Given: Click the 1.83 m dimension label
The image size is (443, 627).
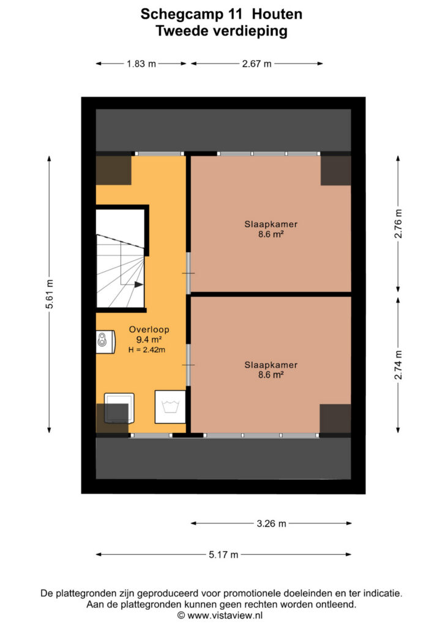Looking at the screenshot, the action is point(141,64).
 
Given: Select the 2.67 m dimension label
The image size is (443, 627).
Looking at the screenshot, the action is point(256,64).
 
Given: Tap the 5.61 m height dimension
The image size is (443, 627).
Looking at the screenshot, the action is point(50,295).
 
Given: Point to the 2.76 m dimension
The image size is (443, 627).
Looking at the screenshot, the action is point(398,223).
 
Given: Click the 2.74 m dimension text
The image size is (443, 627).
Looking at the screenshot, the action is point(398,365).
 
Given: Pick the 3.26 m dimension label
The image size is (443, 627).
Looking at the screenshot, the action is point(271,524).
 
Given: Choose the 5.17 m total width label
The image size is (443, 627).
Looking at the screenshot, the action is point(223,555).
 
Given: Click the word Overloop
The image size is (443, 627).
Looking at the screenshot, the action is point(149,329).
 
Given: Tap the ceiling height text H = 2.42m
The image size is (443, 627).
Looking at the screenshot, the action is point(147,350).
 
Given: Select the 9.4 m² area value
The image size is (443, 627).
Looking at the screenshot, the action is point(149,340).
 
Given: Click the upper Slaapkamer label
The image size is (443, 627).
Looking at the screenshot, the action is point(271,224).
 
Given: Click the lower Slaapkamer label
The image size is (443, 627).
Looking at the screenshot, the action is point(271,365).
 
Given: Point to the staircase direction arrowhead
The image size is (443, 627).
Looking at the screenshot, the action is point(139,284).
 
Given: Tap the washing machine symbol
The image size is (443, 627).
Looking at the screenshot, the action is point(170,407).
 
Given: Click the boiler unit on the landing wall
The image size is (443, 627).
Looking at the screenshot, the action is point(105,342).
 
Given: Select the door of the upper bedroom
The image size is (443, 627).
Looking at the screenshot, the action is point(188,273).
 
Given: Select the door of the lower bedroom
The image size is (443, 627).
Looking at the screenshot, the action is point(188,365).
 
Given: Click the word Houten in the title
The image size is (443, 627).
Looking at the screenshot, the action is point(277,15).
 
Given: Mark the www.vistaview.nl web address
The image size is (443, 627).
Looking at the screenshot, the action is point(225,615).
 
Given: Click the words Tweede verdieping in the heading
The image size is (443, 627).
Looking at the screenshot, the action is point(221,31).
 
